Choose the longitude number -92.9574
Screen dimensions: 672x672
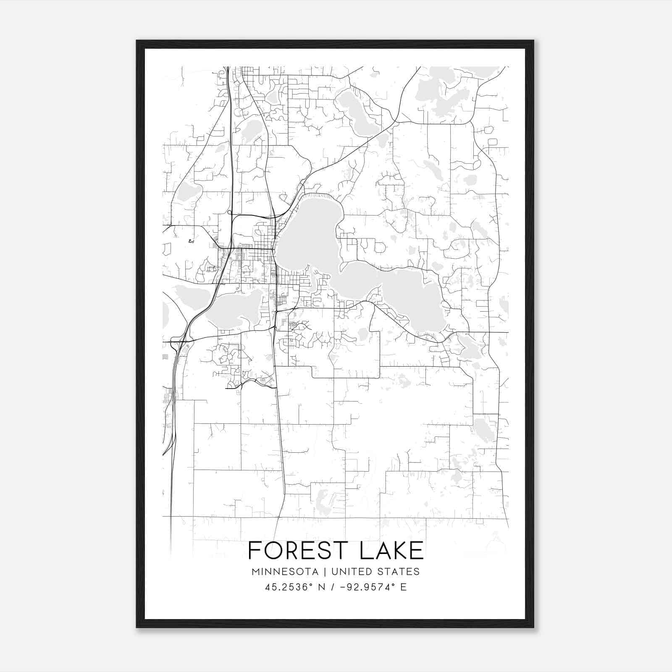pos(367,587)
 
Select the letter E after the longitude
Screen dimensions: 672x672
pos(404,587)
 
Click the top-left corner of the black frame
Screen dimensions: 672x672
pos(137,41)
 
